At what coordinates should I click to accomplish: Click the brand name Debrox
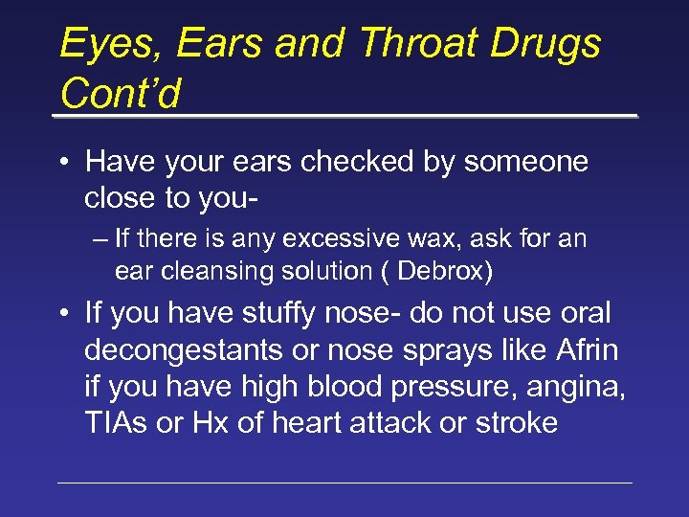pyautogui.click(x=441, y=272)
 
